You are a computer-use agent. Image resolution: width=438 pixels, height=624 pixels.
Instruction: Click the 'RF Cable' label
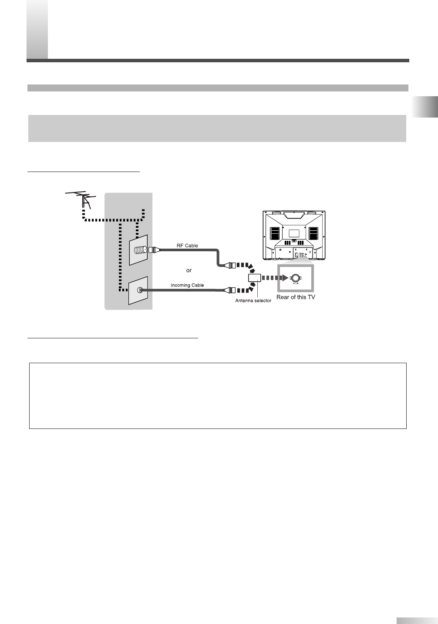(x=187, y=246)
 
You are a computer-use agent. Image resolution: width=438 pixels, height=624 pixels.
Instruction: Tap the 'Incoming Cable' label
(x=187, y=285)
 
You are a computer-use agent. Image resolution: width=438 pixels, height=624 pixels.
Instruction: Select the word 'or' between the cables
(x=189, y=270)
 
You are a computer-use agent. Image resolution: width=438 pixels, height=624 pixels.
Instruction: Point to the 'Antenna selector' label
(x=253, y=300)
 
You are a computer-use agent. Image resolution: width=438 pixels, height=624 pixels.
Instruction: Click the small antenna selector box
(x=254, y=277)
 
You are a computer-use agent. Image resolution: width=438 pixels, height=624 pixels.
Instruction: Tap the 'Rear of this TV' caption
(x=296, y=297)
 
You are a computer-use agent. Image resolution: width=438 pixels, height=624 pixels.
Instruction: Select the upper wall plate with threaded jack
(x=138, y=250)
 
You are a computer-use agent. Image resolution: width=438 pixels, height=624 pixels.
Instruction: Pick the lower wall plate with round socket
(x=138, y=290)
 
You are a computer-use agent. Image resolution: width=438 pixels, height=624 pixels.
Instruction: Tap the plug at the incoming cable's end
(x=229, y=290)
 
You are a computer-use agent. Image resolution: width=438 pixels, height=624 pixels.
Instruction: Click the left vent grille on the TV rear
(x=274, y=233)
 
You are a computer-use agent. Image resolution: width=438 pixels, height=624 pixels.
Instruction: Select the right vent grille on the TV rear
(x=313, y=233)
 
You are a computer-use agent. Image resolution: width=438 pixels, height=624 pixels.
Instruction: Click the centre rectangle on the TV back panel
(x=294, y=233)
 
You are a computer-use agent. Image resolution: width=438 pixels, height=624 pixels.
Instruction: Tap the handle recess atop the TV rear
(x=294, y=214)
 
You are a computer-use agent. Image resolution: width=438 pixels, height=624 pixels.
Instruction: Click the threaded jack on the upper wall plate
(x=141, y=250)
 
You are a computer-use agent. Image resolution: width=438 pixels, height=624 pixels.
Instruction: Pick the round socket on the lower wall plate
(x=139, y=290)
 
